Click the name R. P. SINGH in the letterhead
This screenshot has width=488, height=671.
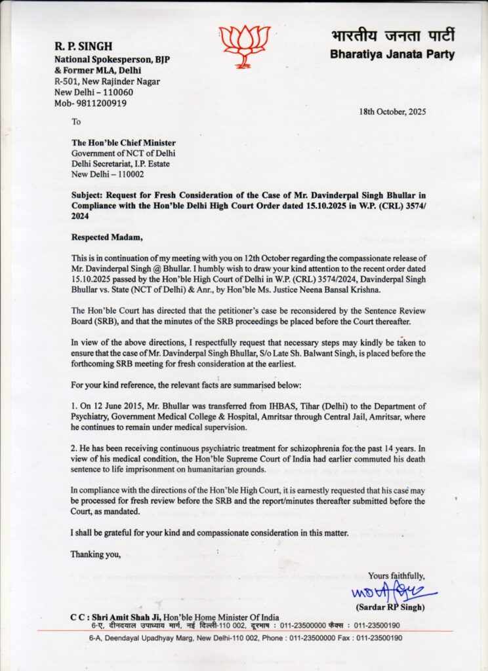coord(83,47)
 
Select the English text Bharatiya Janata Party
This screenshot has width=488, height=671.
coord(392,54)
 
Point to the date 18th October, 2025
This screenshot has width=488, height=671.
coord(392,111)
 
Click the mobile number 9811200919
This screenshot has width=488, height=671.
coord(100,103)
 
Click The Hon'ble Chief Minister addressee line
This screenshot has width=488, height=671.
coord(123,144)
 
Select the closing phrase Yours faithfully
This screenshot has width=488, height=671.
coord(396,576)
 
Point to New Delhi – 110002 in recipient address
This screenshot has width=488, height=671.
coord(108,174)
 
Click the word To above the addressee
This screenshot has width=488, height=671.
coord(76,122)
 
